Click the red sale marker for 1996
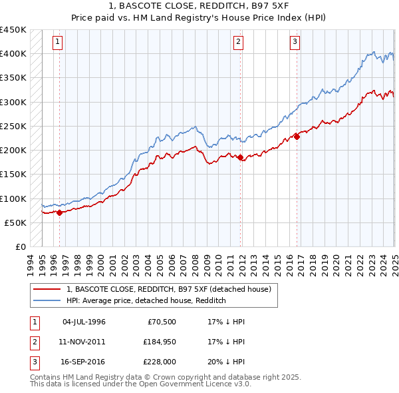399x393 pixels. [x=59, y=213]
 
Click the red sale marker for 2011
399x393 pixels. [x=240, y=158]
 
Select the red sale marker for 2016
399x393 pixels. [x=297, y=137]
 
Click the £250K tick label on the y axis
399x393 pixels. [x=13, y=126]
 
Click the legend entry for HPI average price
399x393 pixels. [x=146, y=301]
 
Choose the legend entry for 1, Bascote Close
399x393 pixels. [x=168, y=290]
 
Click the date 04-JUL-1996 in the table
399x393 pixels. [x=84, y=322]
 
